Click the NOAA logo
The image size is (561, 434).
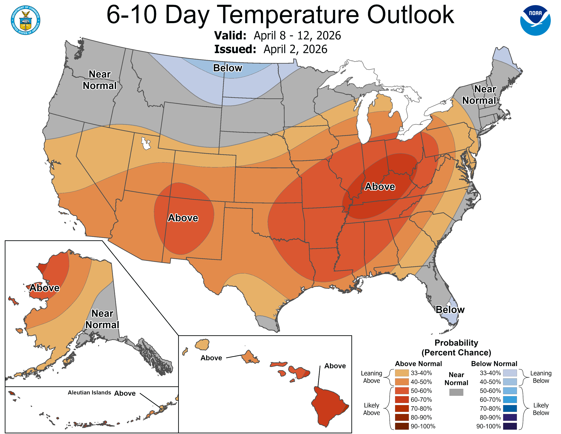[535, 20]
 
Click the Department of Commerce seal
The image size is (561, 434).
[26, 20]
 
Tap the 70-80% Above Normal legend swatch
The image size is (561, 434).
[402, 408]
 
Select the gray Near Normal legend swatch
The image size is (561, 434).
[456, 392]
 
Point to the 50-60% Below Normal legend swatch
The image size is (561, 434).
[510, 391]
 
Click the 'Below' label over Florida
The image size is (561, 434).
[450, 310]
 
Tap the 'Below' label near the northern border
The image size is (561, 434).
[228, 68]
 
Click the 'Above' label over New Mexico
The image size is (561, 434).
[183, 218]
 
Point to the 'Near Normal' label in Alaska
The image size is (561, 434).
[102, 319]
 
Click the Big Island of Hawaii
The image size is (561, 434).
[329, 405]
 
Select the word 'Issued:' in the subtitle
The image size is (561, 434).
[235, 49]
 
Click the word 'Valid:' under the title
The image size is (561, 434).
[230, 35]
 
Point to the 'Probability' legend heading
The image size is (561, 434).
[456, 343]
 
